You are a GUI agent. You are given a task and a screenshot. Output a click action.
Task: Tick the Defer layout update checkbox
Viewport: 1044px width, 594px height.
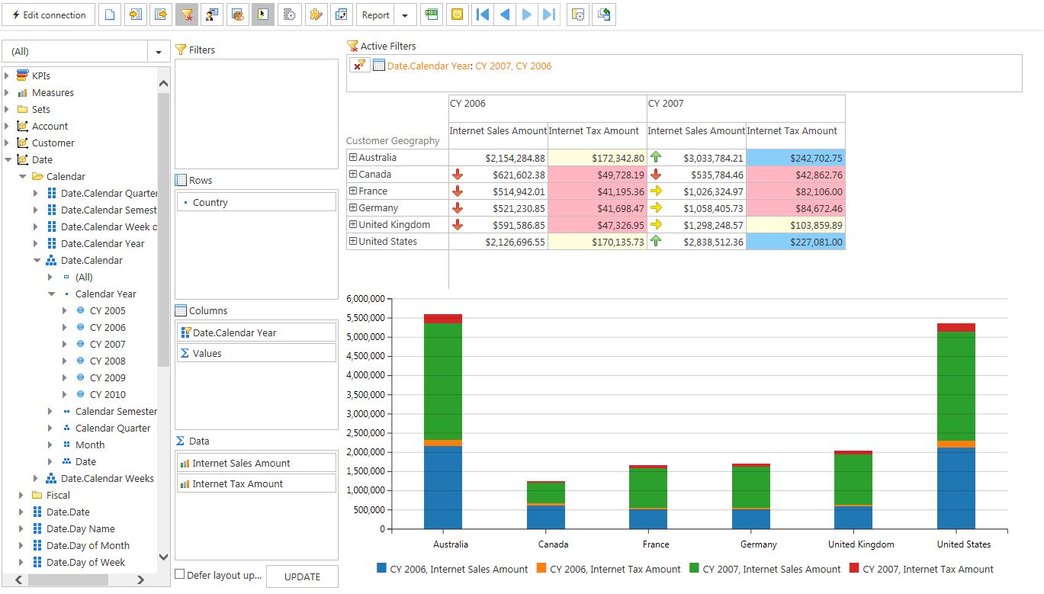click(x=180, y=574)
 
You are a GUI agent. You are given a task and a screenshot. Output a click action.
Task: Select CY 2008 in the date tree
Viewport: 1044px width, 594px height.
click(x=108, y=361)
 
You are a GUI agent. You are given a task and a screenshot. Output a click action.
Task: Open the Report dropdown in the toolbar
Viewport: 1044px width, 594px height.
click(x=404, y=14)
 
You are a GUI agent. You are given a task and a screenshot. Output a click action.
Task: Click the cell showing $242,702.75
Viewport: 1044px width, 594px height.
click(x=795, y=158)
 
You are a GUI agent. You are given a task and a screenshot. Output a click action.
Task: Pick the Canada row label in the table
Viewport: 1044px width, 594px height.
click(x=374, y=175)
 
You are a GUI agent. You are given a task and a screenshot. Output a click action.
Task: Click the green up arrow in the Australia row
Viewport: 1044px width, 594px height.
click(x=656, y=157)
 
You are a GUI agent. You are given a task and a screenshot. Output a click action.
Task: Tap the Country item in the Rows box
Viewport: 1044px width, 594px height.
click(x=210, y=202)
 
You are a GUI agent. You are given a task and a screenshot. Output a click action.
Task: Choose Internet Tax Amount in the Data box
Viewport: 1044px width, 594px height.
click(x=237, y=483)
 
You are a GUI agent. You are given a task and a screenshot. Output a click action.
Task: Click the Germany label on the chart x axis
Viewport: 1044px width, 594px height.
click(x=758, y=544)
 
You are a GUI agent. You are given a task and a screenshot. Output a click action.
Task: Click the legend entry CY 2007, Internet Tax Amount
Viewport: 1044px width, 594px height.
click(x=927, y=569)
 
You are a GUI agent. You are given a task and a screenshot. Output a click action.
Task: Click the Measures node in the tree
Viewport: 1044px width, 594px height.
click(x=53, y=92)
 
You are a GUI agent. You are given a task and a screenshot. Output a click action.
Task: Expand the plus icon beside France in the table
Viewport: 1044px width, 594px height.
click(x=353, y=191)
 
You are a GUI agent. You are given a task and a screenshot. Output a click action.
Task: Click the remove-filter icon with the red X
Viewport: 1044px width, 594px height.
click(x=359, y=66)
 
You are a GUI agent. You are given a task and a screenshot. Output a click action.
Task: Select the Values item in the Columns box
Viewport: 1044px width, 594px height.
click(x=207, y=353)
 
